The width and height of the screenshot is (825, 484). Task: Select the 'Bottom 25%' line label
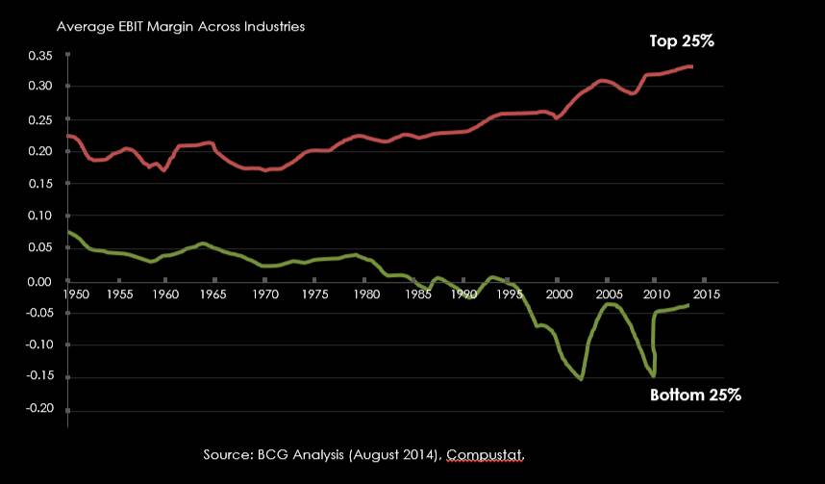point(696,395)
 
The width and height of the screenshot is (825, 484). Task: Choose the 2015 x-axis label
point(705,293)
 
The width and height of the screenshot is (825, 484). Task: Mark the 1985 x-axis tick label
point(411,293)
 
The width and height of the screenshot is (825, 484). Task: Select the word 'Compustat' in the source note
point(489,452)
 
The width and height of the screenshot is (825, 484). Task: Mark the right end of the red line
point(692,66)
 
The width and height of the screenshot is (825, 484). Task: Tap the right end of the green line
point(687,305)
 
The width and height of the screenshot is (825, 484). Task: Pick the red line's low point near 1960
point(164,170)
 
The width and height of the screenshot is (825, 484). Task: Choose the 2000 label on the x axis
point(559,293)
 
